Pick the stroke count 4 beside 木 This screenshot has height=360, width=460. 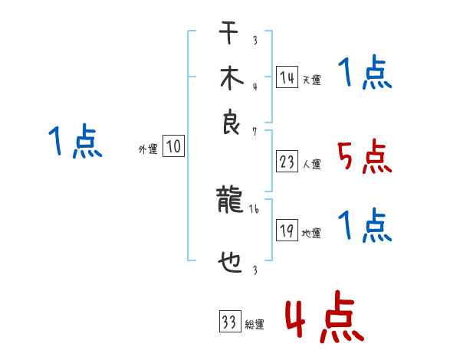254,87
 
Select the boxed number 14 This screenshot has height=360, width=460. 287,77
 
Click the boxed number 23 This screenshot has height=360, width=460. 287,161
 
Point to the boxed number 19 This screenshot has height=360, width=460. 287,230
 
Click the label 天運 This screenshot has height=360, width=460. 311,80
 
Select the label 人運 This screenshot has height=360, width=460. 311,164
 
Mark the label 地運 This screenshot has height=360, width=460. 311,233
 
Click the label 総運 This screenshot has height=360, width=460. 255,325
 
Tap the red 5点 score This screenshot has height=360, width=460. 364,157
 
